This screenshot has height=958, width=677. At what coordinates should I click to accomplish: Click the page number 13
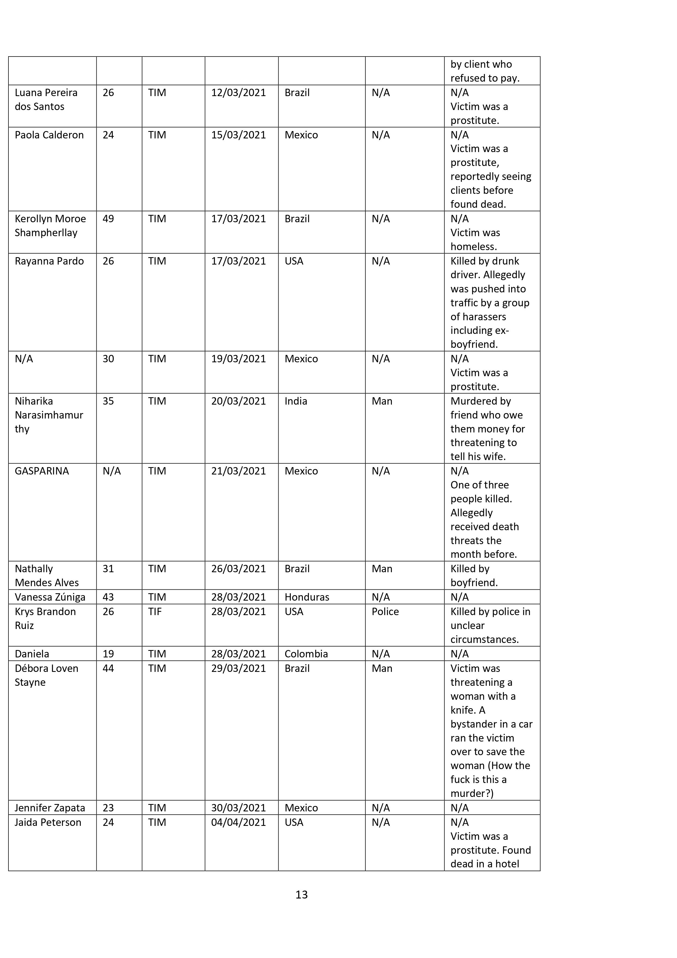tap(301, 894)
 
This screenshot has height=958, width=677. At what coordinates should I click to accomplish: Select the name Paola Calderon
tap(49, 135)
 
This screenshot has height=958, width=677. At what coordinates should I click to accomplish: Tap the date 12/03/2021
tap(238, 93)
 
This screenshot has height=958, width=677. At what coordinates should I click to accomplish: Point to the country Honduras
tap(307, 597)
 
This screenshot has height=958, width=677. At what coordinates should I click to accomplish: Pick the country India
tap(296, 401)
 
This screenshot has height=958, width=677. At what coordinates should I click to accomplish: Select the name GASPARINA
tap(42, 471)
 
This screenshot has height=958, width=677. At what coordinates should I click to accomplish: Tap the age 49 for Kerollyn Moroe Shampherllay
tap(108, 219)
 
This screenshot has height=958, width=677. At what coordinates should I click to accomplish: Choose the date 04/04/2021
tap(238, 822)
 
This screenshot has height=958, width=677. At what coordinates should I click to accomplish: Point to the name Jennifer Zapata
tap(50, 808)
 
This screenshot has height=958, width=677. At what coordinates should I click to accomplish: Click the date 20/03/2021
tap(238, 401)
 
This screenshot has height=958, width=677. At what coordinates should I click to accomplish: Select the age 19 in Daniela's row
tap(108, 654)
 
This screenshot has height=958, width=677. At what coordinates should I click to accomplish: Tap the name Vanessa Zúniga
tap(50, 597)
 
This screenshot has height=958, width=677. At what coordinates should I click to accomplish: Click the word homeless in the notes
tap(473, 247)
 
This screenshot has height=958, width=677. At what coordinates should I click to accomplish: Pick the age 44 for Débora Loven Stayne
tap(108, 668)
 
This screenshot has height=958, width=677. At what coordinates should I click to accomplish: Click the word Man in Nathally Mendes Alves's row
tap(382, 569)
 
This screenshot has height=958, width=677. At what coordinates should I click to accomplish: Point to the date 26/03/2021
tap(238, 569)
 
